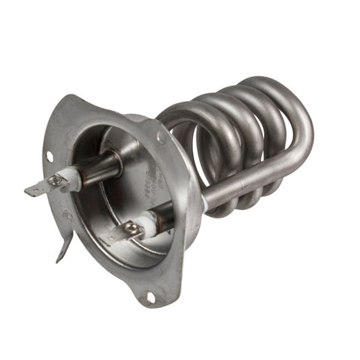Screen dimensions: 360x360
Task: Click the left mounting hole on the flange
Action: (x=49, y=157)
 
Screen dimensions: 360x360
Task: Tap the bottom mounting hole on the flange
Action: (x=150, y=297)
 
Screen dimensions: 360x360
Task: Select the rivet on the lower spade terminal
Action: (x=131, y=230)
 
